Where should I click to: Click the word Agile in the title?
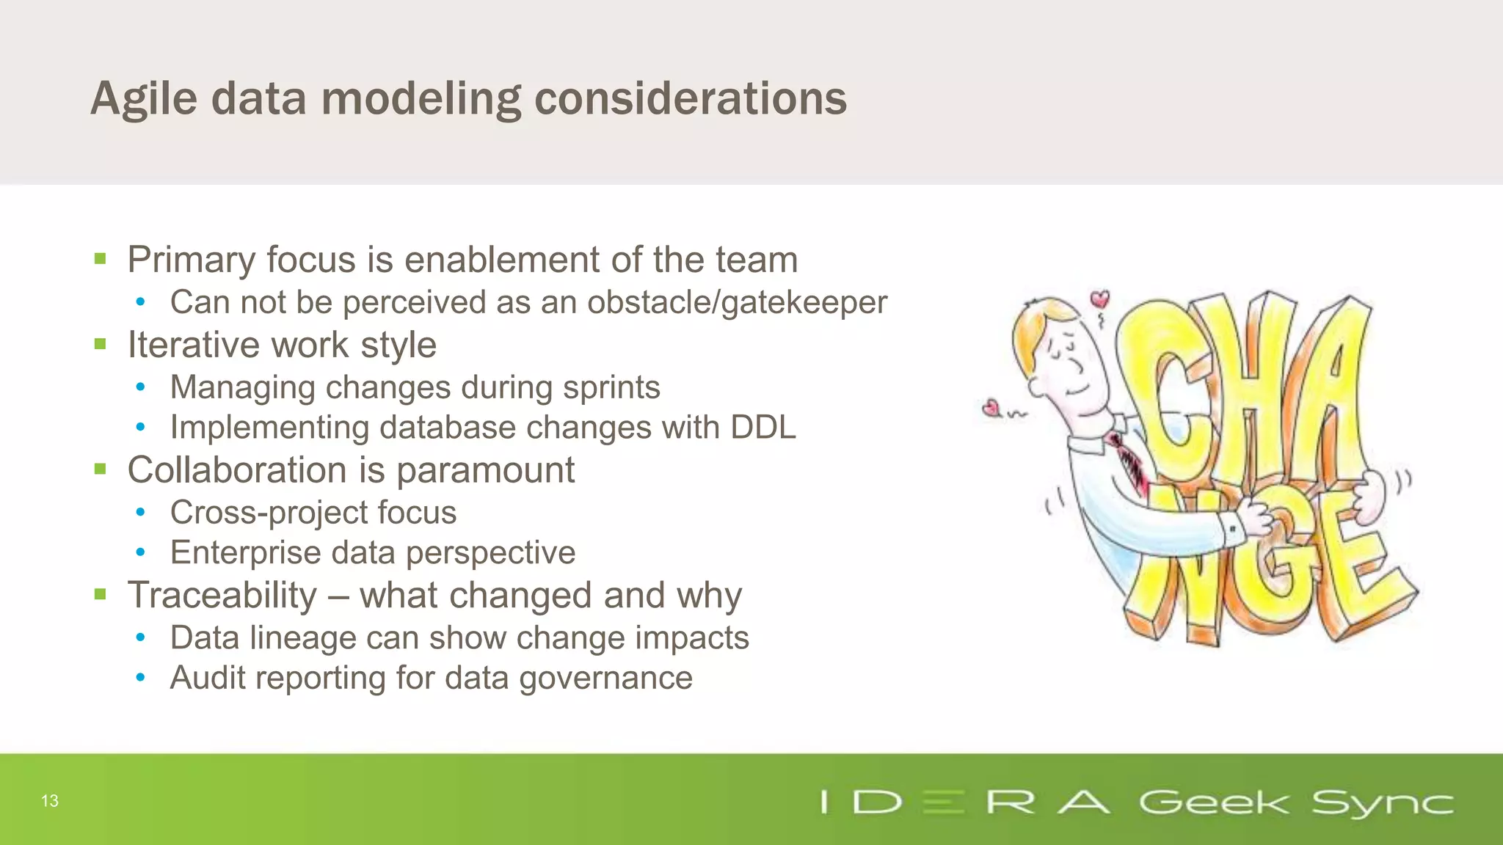(144, 99)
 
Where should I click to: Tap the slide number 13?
(50, 801)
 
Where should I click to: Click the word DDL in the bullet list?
(763, 428)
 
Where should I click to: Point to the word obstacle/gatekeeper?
(737, 303)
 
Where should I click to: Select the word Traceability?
(222, 596)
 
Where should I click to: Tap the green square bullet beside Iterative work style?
(101, 344)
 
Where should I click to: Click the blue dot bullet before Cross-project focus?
(140, 513)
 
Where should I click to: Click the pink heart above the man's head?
(1099, 299)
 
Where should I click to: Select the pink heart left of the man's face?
(992, 407)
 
